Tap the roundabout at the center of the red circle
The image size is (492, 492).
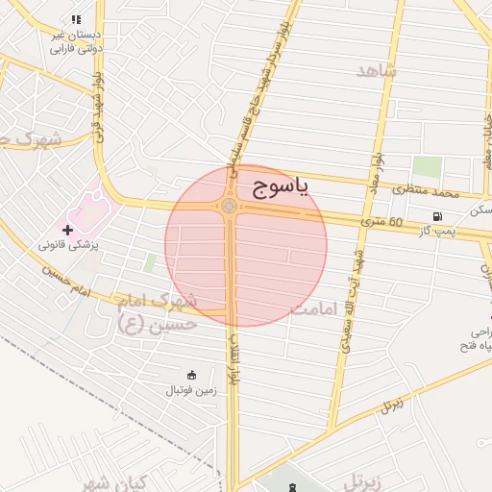pyautogui.click(x=230, y=206)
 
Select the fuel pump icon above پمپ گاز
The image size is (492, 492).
pyautogui.click(x=438, y=216)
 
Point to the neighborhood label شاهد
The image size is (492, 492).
pyautogui.click(x=375, y=72)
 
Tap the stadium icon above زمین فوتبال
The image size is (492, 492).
pyautogui.click(x=192, y=375)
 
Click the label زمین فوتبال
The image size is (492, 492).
pyautogui.click(x=192, y=389)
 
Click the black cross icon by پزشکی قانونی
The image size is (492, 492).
pyautogui.click(x=67, y=231)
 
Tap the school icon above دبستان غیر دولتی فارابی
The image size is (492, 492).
pyautogui.click(x=76, y=19)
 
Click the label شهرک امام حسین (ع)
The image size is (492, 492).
pyautogui.click(x=159, y=312)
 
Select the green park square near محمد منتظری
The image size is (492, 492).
pyautogui.click(x=427, y=166)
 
